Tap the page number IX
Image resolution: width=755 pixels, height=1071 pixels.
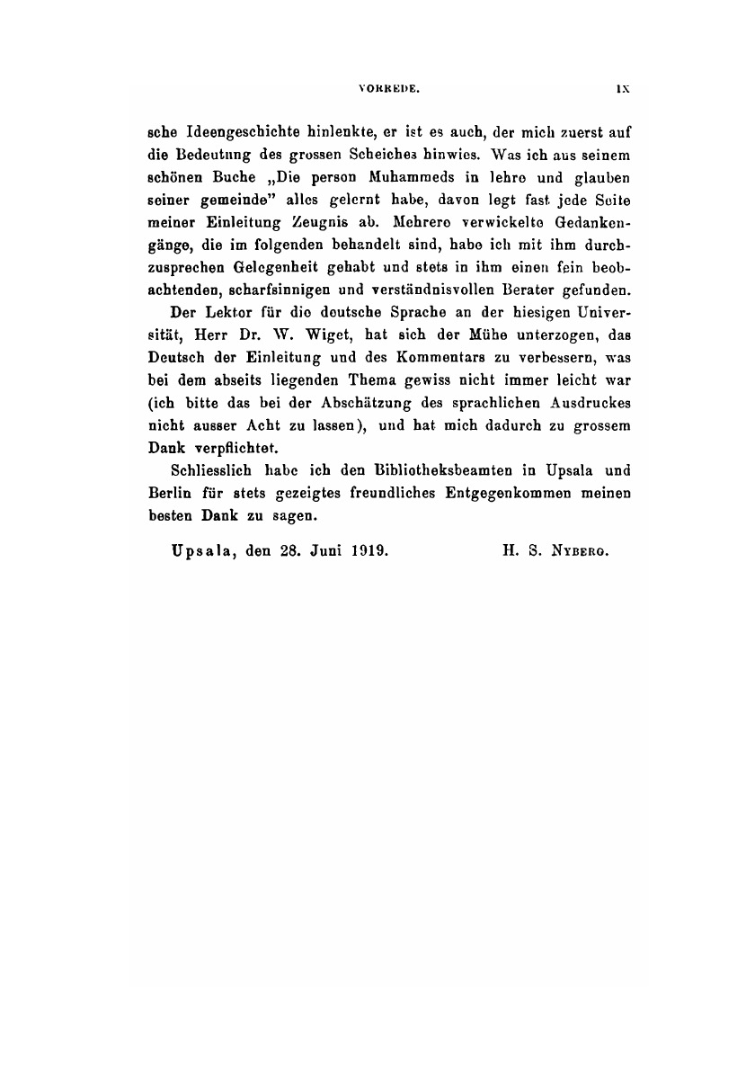pyautogui.click(x=621, y=90)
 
